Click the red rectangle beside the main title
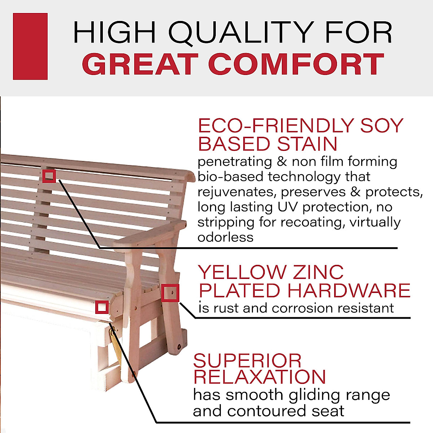(x=30, y=46)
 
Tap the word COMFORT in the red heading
(x=296, y=64)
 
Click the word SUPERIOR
(x=247, y=360)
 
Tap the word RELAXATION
(x=259, y=377)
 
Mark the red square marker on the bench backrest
(x=49, y=176)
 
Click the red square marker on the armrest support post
(x=170, y=293)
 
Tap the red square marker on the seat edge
(x=102, y=307)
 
